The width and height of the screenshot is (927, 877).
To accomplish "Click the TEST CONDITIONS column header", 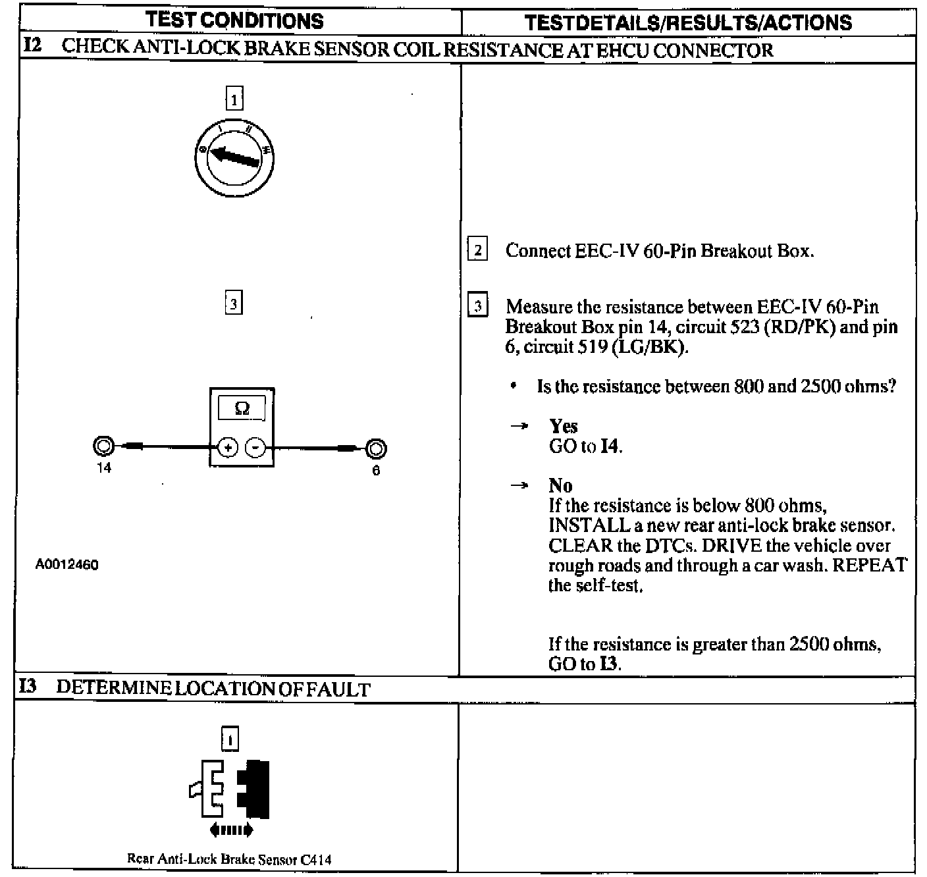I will point(235,20).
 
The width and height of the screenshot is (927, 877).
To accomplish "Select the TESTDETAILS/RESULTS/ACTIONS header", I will point(688,23).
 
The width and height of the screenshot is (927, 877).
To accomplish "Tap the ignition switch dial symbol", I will point(235,158).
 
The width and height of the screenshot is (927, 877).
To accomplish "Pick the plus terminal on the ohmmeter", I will point(228,448).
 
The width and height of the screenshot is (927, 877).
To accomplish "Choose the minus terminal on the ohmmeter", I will point(255,448).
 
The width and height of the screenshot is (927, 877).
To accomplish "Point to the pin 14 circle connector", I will point(104,446).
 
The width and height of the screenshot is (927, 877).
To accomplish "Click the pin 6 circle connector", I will point(375,449).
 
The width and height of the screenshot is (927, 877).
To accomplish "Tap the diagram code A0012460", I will point(67,565).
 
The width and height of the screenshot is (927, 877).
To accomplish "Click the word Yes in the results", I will point(563,426).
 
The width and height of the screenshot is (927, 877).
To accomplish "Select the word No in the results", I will point(560,486).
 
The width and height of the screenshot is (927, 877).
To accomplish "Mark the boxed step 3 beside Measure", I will point(478,306).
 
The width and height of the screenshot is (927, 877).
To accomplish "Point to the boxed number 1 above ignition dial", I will point(234,99).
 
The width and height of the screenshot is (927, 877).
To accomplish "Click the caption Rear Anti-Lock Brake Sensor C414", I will point(229,859).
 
